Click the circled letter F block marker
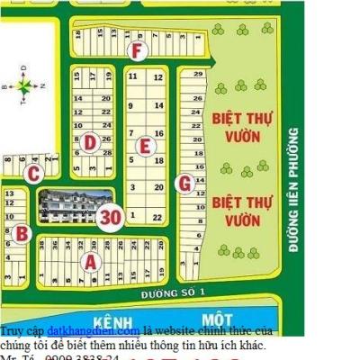coord(137,50)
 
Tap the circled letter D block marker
coord(90,141)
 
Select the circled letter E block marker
coord(142,145)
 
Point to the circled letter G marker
coord(184,184)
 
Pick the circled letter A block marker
coord(89,262)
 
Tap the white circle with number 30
coord(111,217)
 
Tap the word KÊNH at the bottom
coord(113,320)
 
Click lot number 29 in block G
coord(197,73)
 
